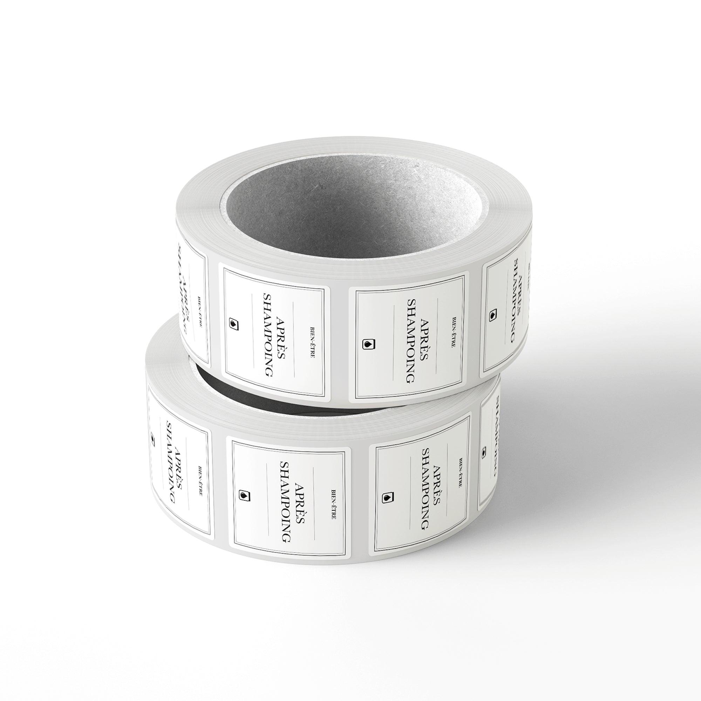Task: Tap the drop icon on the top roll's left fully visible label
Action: click(235, 322)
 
